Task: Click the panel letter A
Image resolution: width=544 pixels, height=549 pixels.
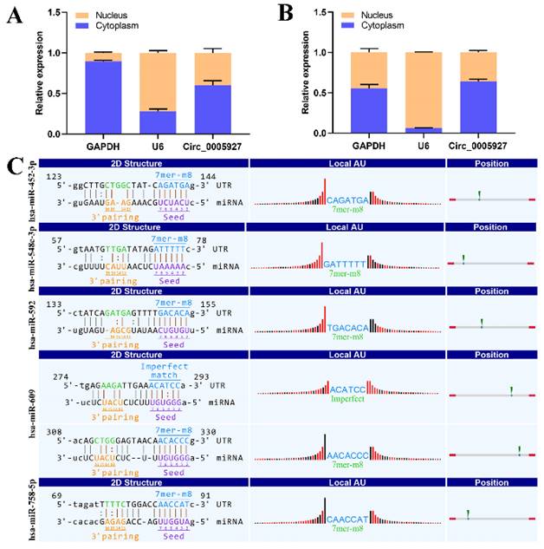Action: [15, 16]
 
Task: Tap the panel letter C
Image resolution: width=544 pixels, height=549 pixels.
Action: [15, 163]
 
